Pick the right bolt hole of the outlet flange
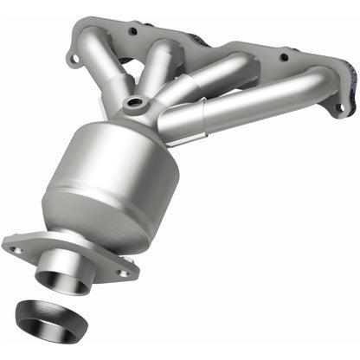[124, 271]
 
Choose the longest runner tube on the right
[260, 104]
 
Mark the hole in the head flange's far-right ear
[338, 108]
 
